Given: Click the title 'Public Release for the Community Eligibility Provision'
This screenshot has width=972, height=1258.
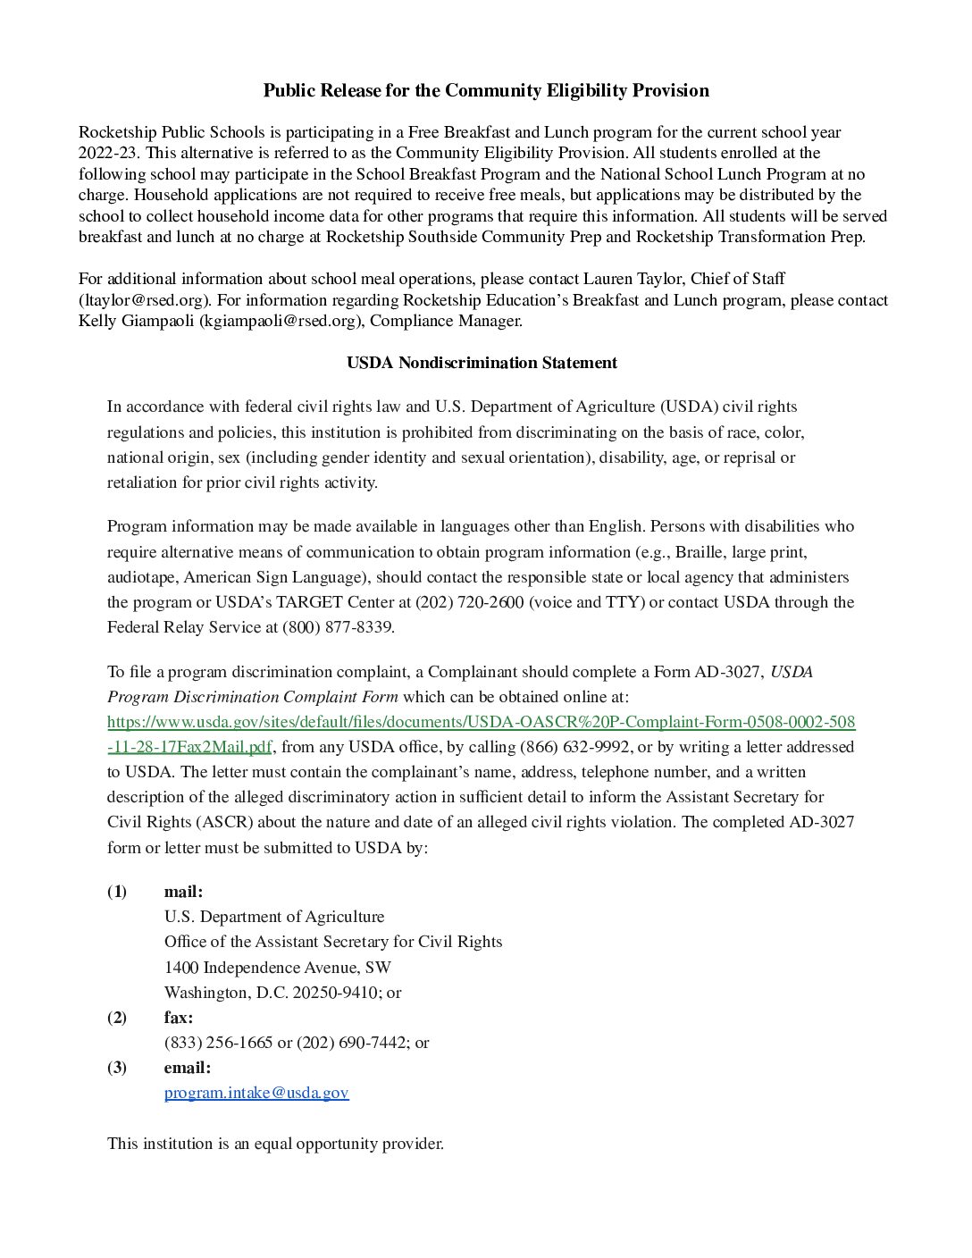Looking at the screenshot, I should point(486,90).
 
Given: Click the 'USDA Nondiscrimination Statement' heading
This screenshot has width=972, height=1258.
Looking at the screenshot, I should point(482,363).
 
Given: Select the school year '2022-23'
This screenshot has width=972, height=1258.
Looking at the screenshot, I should point(108,153).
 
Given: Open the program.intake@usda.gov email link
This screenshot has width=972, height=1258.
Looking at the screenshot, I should point(256,1093).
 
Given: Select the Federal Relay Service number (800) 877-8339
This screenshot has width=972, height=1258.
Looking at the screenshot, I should point(337,627).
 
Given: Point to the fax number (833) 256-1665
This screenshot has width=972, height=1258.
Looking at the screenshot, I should point(218,1043).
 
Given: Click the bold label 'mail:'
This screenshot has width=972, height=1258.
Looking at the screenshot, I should point(183,892).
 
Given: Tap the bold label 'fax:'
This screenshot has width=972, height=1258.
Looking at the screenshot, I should point(178,1018).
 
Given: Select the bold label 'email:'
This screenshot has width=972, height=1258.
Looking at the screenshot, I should point(187,1068).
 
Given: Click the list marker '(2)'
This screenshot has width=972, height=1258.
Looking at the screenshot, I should point(117,1018).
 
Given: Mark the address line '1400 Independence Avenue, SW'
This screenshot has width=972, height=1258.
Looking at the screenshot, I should point(277,968).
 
